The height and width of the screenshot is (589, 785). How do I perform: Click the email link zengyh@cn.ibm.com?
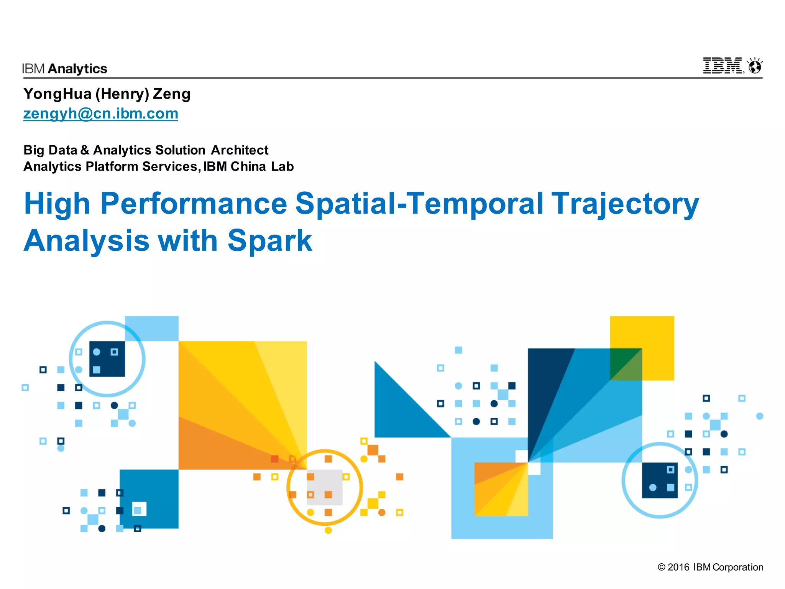pos(100,114)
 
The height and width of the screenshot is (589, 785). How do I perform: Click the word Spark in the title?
pos(270,240)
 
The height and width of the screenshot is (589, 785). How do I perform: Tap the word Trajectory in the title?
pos(625,204)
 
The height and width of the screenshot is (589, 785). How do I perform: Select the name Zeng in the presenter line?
pos(171,94)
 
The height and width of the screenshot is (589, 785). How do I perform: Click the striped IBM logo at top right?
pos(723,66)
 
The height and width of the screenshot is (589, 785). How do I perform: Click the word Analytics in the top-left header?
pos(78,69)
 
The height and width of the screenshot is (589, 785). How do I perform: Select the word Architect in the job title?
pos(240,150)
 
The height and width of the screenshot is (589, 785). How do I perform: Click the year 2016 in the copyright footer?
pos(678,567)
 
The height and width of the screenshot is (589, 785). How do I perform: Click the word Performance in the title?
pos(194,204)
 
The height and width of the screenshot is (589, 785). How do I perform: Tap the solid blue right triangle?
pos(399,410)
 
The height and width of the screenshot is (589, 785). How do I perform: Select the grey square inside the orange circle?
pos(325,487)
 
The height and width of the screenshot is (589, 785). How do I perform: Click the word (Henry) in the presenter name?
pos(122,94)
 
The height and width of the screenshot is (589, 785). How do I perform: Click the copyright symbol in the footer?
pos(661,567)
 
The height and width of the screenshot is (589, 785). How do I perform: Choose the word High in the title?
pos(57,204)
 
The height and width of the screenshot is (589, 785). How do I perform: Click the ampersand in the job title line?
pos(85,150)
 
